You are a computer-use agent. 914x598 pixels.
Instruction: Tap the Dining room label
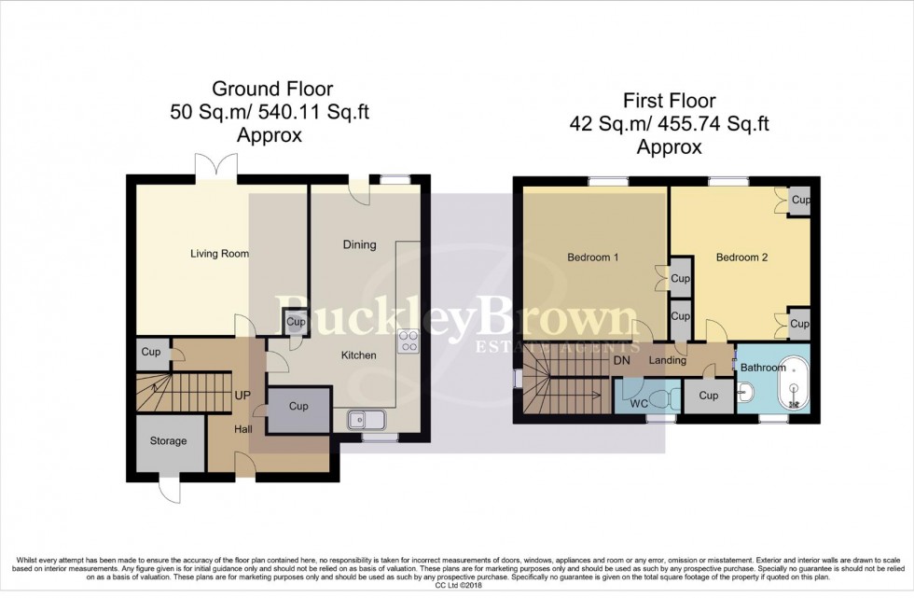click(359, 245)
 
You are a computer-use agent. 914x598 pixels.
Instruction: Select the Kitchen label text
click(359, 355)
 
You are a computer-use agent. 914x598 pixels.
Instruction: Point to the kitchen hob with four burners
click(409, 341)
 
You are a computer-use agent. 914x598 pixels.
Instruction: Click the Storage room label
click(169, 441)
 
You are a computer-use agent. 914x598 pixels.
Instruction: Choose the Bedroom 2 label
click(742, 257)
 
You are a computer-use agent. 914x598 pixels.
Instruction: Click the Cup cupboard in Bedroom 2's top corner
click(799, 202)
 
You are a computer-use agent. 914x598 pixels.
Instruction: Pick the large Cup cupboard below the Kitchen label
click(298, 408)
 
